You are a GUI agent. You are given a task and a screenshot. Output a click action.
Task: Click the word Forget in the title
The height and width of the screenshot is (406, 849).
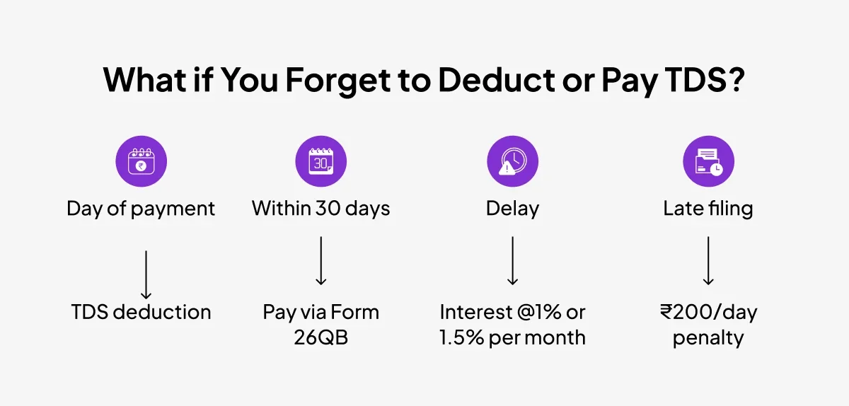coord(337,81)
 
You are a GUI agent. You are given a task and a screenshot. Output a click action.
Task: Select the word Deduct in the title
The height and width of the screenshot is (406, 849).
coord(497,79)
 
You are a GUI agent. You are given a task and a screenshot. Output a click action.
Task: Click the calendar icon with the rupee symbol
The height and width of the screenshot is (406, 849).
coord(141,161)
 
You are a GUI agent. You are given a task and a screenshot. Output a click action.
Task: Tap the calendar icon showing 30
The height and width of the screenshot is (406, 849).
coord(321,161)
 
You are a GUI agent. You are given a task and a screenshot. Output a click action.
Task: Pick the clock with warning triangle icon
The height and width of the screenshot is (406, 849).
coord(513,161)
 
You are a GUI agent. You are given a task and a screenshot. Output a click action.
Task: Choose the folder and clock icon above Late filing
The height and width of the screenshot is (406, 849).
coord(709,161)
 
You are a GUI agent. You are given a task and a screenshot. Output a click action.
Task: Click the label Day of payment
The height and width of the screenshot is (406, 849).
coord(141,209)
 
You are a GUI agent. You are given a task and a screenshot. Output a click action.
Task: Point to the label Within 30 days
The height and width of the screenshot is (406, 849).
coord(321,209)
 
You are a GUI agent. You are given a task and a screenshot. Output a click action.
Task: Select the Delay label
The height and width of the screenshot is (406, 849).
coord(513,209)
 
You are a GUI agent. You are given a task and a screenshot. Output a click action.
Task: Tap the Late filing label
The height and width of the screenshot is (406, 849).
coord(708,209)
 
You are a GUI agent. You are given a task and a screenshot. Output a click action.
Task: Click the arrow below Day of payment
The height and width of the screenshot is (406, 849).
coord(146,275)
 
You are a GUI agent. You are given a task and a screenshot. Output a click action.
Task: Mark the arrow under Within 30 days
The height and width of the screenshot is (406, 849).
coord(321,261)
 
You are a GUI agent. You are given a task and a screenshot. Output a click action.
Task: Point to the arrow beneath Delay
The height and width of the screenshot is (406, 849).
coord(513,261)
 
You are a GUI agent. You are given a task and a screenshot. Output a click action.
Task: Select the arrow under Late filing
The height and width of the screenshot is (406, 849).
coord(708,261)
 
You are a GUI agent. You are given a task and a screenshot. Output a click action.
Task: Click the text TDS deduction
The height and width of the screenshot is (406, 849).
coord(141,313)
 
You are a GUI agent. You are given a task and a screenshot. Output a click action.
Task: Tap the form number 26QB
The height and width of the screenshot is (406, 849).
coord(321,337)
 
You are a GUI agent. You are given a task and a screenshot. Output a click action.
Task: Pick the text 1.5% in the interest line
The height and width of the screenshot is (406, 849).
coord(461,337)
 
